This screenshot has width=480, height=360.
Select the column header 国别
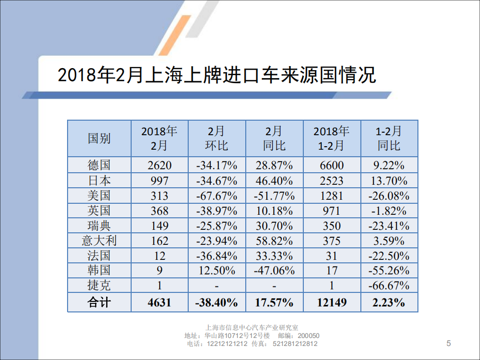pyautogui.click(x=99, y=139)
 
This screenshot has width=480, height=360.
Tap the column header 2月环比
pyautogui.click(x=216, y=139)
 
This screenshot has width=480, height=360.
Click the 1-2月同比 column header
pyautogui.click(x=389, y=139)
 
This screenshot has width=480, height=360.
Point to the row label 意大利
pyautogui.click(x=99, y=240)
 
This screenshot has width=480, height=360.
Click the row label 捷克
pyautogui.click(x=99, y=285)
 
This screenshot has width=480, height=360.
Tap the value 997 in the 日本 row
pyautogui.click(x=159, y=180)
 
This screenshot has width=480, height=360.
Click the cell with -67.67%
pyautogui.click(x=216, y=195)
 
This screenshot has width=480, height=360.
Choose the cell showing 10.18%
pyautogui.click(x=274, y=210)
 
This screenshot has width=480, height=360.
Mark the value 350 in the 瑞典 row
pyautogui.click(x=331, y=225)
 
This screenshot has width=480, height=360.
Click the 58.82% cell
pyautogui.click(x=274, y=240)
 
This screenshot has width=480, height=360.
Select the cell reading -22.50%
pyautogui.click(x=389, y=256)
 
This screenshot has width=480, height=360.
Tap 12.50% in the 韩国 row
pyautogui.click(x=216, y=271)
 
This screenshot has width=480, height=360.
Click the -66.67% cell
pyautogui.click(x=389, y=286)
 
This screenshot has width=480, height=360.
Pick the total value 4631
pyautogui.click(x=159, y=302)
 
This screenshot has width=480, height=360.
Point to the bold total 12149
pyautogui.click(x=331, y=302)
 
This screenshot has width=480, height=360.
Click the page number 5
pyautogui.click(x=448, y=343)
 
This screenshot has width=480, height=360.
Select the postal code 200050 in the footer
pyautogui.click(x=308, y=336)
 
